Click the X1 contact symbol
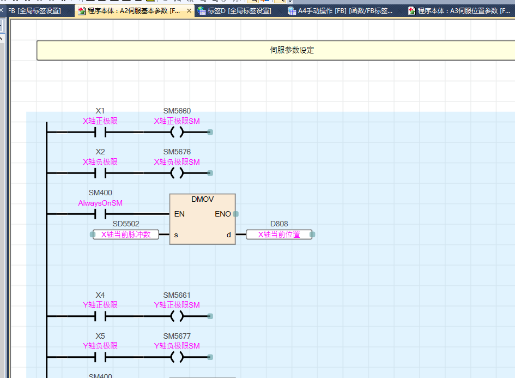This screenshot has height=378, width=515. pyautogui.click(x=100, y=132)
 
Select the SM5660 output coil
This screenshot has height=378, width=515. pyautogui.click(x=177, y=132)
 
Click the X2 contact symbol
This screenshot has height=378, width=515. pyautogui.click(x=100, y=173)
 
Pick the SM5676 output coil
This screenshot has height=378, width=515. pyautogui.click(x=177, y=173)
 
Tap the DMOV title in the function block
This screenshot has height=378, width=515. pyautogui.click(x=202, y=199)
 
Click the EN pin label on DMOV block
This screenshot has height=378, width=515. pyautogui.click(x=179, y=214)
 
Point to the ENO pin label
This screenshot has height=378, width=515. pyautogui.click(x=223, y=214)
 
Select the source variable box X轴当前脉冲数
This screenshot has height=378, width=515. pyautogui.click(x=126, y=235)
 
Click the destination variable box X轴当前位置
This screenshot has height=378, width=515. pyautogui.click(x=279, y=235)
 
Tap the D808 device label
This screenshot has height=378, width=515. pyautogui.click(x=279, y=224)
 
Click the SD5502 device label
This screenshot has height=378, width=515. pyautogui.click(x=126, y=224)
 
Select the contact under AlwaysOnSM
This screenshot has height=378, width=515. pyautogui.click(x=100, y=214)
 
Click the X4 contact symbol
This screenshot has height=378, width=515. pyautogui.click(x=100, y=316)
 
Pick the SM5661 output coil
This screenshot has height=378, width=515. pyautogui.click(x=177, y=316)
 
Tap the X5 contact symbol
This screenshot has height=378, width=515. pyautogui.click(x=100, y=357)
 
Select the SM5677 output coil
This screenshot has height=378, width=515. pyautogui.click(x=177, y=357)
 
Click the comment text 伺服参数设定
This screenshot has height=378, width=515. pyautogui.click(x=292, y=50)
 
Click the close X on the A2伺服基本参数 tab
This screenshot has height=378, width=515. pyautogui.click(x=189, y=11)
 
